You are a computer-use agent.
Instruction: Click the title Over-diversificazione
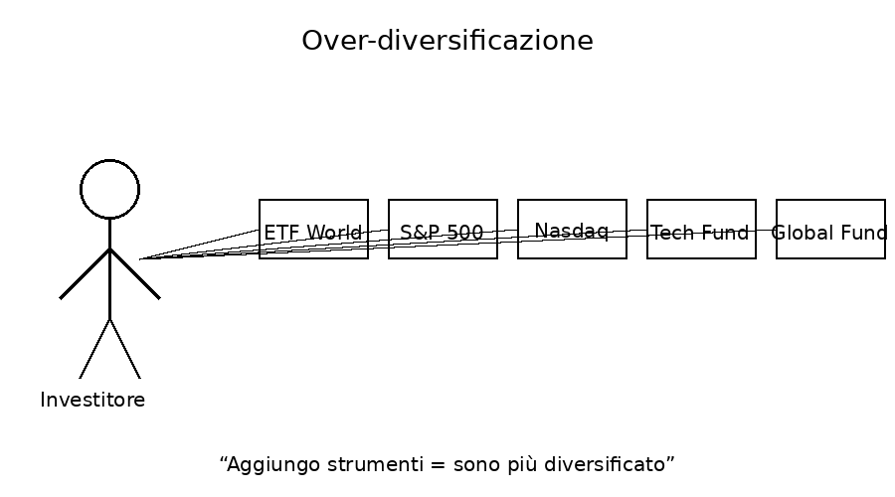coord(447,41)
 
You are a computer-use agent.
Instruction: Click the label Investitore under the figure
coord(92,400)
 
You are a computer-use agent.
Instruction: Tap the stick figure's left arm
coord(86,274)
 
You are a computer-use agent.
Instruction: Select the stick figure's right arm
coord(134,274)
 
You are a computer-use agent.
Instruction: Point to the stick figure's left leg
coord(94,349)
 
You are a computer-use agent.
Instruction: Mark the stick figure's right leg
coord(125,349)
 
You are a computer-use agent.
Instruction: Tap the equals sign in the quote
coord(437,464)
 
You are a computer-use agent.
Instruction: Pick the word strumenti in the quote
coord(376,464)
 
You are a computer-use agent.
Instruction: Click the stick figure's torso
coord(109,268)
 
